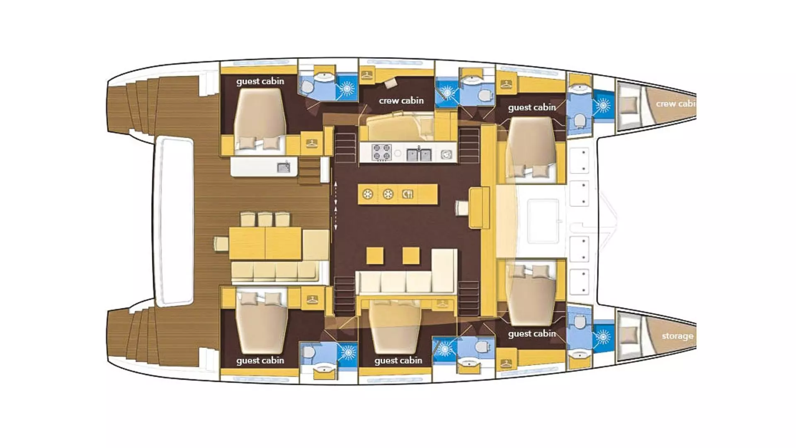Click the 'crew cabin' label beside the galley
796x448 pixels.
[x=401, y=101]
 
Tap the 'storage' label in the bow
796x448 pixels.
[x=677, y=336]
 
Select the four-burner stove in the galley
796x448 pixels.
[x=382, y=152]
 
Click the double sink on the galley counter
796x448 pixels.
[x=419, y=154]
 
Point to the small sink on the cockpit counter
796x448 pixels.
[x=284, y=167]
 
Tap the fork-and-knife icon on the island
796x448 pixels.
[x=408, y=194]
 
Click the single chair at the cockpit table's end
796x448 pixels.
[x=221, y=244]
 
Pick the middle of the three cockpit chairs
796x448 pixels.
[x=265, y=219]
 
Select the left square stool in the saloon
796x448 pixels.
[x=375, y=256]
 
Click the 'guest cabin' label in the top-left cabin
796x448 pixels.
[x=260, y=81]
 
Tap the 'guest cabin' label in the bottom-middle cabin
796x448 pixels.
[x=398, y=361]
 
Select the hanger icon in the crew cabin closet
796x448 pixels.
[x=367, y=75]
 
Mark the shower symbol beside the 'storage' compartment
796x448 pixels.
[x=603, y=337]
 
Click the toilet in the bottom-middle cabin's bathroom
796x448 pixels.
[x=483, y=346]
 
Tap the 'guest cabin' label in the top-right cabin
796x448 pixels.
[x=532, y=107]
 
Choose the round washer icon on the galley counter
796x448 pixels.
[x=446, y=154]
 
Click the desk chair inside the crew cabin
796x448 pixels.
[x=391, y=83]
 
